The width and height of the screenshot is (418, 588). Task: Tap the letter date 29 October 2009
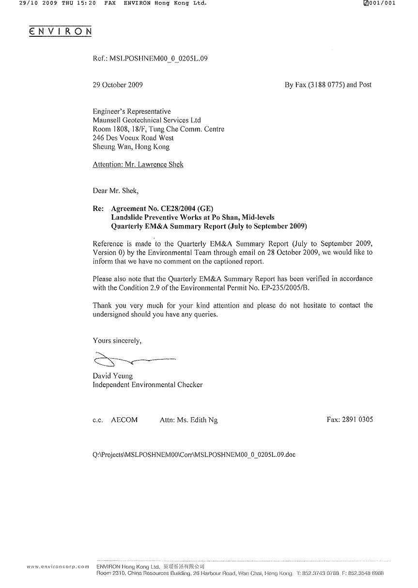[x=118, y=85]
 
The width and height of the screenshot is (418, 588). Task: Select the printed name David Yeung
[x=112, y=376]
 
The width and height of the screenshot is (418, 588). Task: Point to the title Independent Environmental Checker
[x=147, y=385]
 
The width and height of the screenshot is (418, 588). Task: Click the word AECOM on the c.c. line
[x=124, y=420]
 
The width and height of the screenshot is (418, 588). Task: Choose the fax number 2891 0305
[x=357, y=420]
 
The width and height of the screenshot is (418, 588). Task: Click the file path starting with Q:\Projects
[x=194, y=455]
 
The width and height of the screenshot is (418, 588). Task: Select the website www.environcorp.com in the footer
[x=58, y=566]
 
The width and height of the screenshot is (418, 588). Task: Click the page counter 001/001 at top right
[x=382, y=3]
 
